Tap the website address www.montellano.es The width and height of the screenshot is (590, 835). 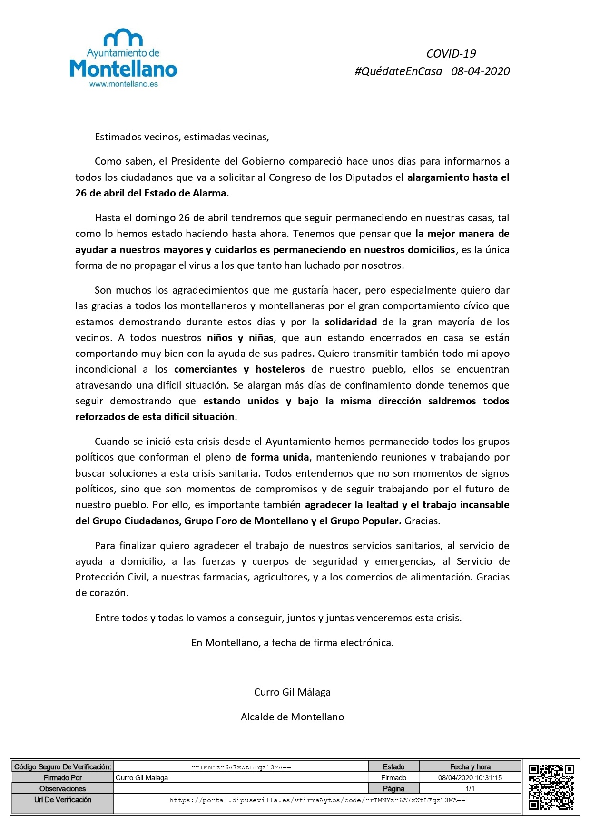[123, 84]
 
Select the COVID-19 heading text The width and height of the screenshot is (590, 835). [451, 54]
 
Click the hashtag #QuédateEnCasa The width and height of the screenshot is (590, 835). [398, 71]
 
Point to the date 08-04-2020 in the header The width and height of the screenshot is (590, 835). [480, 71]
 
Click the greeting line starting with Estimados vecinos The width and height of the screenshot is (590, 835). [182, 138]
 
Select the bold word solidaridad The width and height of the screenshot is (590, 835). [351, 322]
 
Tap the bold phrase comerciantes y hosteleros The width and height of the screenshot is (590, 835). [239, 369]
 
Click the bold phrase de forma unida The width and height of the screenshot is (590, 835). [272, 457]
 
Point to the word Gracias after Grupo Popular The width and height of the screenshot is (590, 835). [422, 521]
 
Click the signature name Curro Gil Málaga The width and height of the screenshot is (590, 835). [292, 692]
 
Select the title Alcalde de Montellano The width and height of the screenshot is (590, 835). [292, 717]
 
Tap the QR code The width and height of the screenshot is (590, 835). [551, 786]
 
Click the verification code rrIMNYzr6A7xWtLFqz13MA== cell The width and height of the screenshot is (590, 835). [241, 767]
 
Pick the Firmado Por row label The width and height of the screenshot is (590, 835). [62, 778]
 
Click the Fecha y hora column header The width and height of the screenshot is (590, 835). [470, 767]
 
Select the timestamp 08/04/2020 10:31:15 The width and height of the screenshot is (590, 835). [470, 778]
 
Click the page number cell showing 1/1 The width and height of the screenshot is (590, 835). [470, 789]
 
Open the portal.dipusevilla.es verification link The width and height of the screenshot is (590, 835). [317, 800]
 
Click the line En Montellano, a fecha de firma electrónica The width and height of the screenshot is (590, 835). [292, 643]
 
